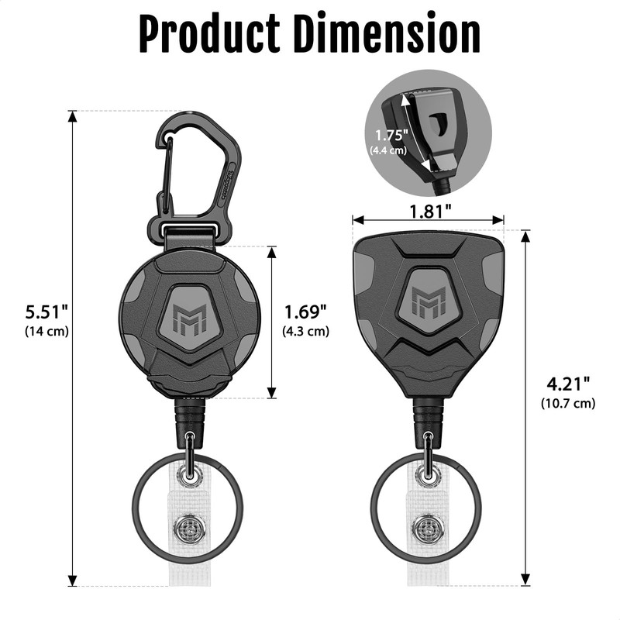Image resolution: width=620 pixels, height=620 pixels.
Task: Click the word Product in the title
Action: (x=209, y=33)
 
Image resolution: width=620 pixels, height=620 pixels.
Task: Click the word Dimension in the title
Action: (x=389, y=33)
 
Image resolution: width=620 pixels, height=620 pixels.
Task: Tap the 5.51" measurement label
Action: (x=46, y=312)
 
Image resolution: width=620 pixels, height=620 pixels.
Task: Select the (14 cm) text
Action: (x=46, y=331)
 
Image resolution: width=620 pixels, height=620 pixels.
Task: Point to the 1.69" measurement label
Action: (x=305, y=312)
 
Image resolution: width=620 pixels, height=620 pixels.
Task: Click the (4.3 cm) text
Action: (x=305, y=331)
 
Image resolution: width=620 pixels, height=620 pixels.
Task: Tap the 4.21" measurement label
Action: (x=568, y=384)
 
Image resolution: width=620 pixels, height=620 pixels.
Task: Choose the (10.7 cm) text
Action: (x=568, y=403)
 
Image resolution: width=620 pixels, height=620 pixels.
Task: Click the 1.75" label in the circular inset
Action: (x=391, y=135)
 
